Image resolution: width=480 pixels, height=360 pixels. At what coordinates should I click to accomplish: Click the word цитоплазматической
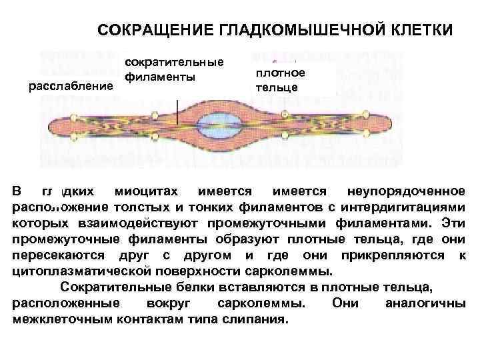pos(78,271)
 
